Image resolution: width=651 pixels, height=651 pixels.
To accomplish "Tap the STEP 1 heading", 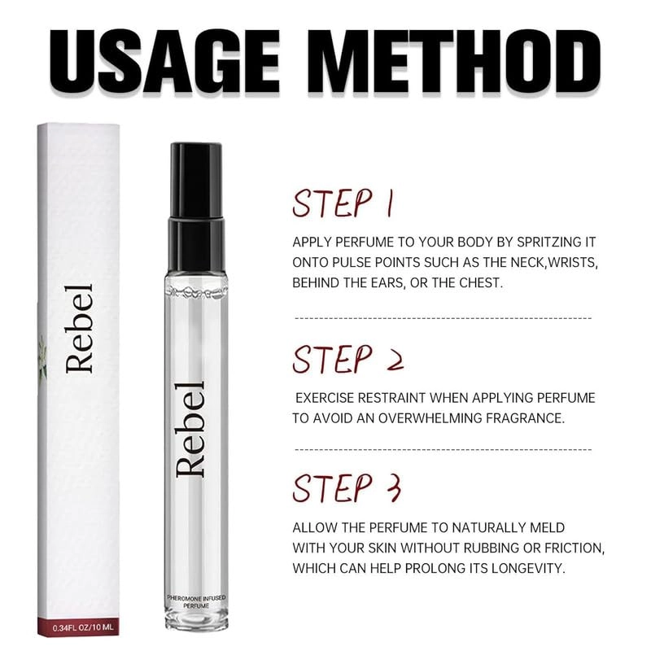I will click(x=343, y=203).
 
